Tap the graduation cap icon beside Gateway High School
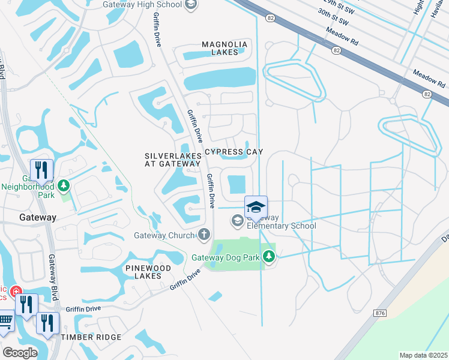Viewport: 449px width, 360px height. tap(191, 5)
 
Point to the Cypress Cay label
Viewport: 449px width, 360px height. tap(234, 152)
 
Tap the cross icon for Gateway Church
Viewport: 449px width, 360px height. tap(204, 234)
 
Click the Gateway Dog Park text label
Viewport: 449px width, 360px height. tap(226, 258)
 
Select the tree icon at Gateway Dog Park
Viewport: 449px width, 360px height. tap(270, 257)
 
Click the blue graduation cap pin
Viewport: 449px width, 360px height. tap(256, 207)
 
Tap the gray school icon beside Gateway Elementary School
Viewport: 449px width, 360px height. tap(238, 222)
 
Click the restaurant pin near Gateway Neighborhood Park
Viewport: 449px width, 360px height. tap(41, 170)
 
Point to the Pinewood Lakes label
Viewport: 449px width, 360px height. tap(143, 271)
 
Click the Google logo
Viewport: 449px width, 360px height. tap(20, 352)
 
